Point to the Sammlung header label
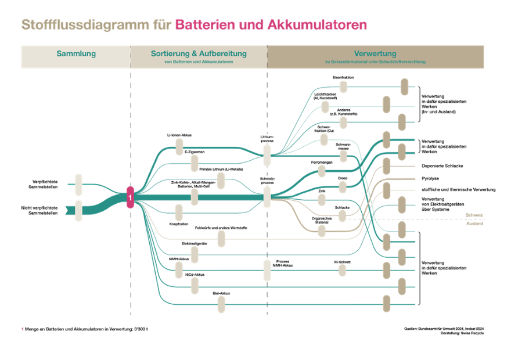tap(76, 53)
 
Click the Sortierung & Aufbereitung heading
tap(199, 53)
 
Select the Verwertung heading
tap(375, 53)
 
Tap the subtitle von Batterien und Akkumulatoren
tap(199, 62)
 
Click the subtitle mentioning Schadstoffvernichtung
tap(375, 62)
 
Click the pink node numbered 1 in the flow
tap(130, 197)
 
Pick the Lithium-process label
tap(267, 138)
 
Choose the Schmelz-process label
tap(267, 180)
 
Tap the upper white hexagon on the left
tap(57, 184)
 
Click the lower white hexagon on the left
tap(57, 210)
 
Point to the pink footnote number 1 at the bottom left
tap(23, 330)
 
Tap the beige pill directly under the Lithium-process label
tap(267, 155)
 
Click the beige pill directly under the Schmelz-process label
tap(267, 197)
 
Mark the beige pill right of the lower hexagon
tap(78, 210)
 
